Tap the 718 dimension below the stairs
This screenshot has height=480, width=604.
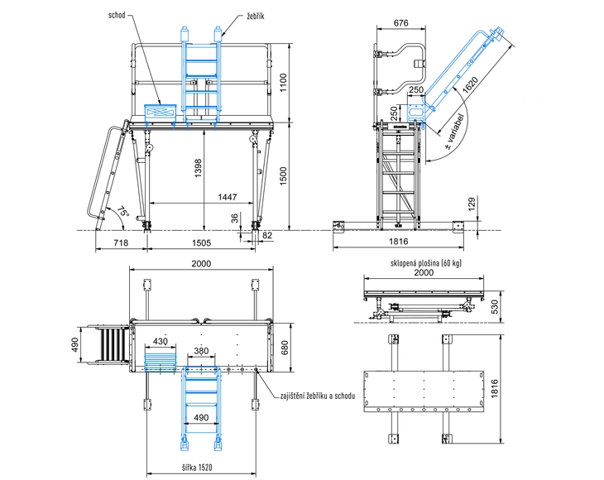[121, 243]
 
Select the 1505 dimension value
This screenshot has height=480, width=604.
[200, 243]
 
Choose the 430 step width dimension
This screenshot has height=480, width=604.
[161, 341]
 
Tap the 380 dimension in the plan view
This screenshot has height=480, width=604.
[200, 350]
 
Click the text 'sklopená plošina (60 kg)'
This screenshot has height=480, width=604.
[424, 262]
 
